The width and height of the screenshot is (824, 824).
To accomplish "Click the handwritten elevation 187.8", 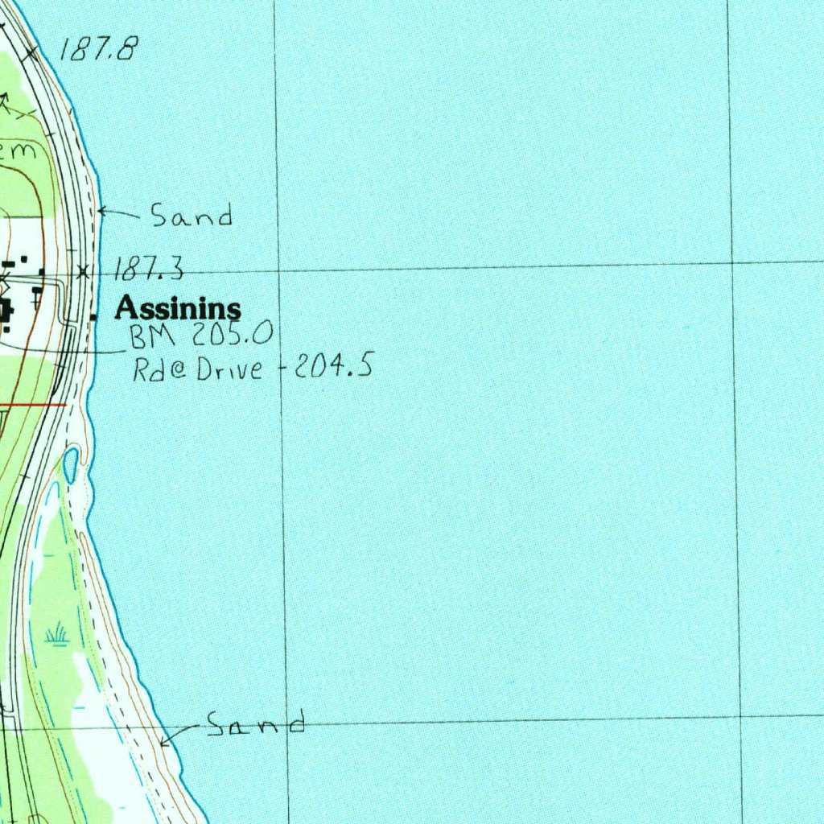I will (98, 50).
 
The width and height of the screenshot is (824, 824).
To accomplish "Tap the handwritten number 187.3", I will (150, 269).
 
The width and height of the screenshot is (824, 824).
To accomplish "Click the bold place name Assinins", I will (179, 307).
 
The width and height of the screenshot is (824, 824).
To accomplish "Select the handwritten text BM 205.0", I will (202, 335).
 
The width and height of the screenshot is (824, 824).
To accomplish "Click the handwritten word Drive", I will (234, 369).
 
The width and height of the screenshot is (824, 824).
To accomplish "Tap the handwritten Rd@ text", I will (161, 369).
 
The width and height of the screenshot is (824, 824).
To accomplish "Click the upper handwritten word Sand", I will (192, 216).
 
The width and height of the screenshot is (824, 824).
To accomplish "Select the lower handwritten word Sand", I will (256, 724).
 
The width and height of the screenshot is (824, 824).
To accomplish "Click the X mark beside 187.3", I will (83, 271).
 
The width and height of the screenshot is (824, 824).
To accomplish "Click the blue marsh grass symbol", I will (56, 635).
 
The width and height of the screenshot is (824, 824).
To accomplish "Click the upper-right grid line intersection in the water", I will (732, 262).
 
